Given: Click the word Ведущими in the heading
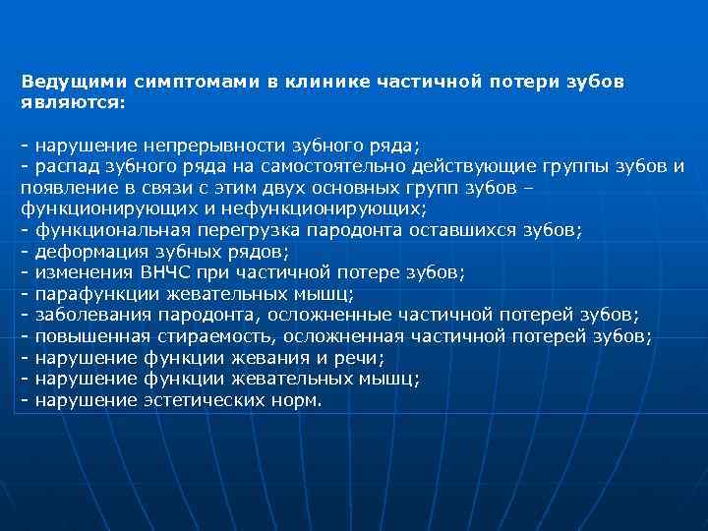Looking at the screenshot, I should tap(66, 82).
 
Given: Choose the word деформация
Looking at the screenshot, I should tap(87, 252).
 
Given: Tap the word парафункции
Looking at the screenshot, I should tap(88, 294).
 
